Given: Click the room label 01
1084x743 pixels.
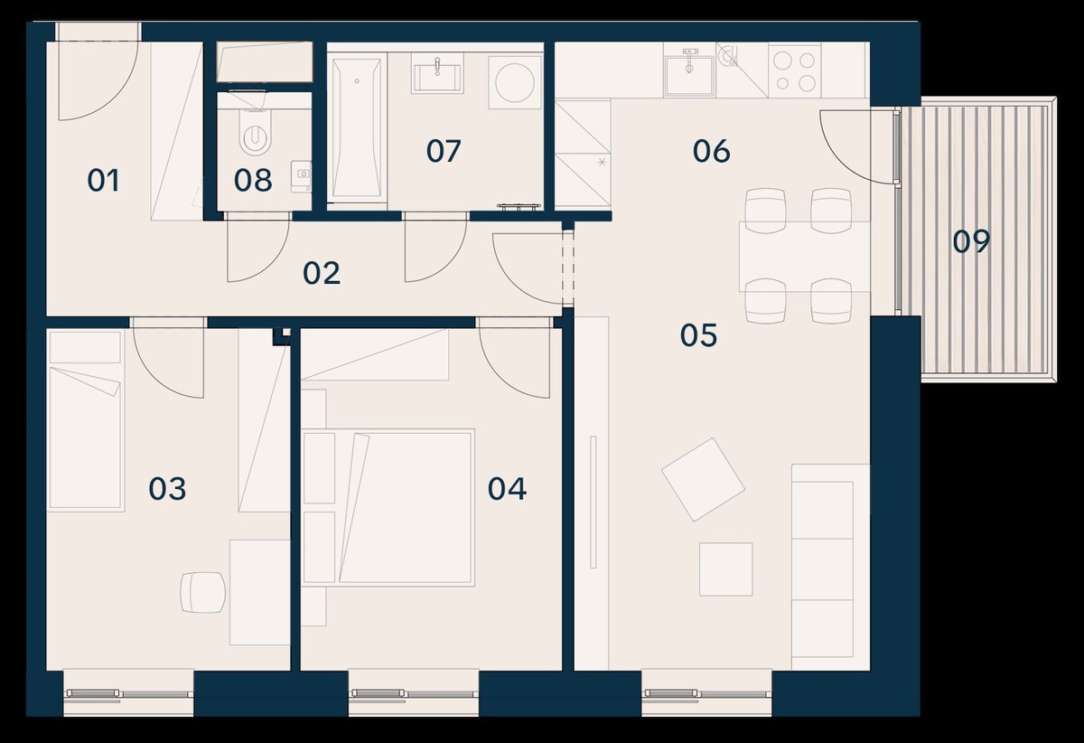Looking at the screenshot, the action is point(103,181).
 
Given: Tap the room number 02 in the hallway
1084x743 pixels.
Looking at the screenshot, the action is point(322,273).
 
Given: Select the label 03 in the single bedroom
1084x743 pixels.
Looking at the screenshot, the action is point(167,489).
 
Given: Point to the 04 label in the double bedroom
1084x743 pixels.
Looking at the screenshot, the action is point(507,489).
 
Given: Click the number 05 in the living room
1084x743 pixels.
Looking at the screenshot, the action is point(699,335).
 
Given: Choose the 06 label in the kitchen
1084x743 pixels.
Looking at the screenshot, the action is point(712,151).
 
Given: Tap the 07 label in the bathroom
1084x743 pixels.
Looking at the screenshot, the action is point(444,151).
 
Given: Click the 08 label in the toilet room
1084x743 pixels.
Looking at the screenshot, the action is point(253,181).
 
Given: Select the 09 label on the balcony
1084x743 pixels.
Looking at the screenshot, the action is point(972,241).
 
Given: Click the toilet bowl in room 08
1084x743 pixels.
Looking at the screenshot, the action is point(255,131).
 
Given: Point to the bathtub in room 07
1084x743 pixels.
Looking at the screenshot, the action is point(357,127).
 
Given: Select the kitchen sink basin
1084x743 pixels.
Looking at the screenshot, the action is point(689,76).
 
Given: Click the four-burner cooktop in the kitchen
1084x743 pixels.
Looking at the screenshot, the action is point(795,71).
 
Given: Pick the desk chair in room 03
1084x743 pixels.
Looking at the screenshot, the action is point(203,592).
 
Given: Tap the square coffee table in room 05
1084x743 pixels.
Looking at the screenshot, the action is point(726,569).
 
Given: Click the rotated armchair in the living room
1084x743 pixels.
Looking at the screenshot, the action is point(703,479).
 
